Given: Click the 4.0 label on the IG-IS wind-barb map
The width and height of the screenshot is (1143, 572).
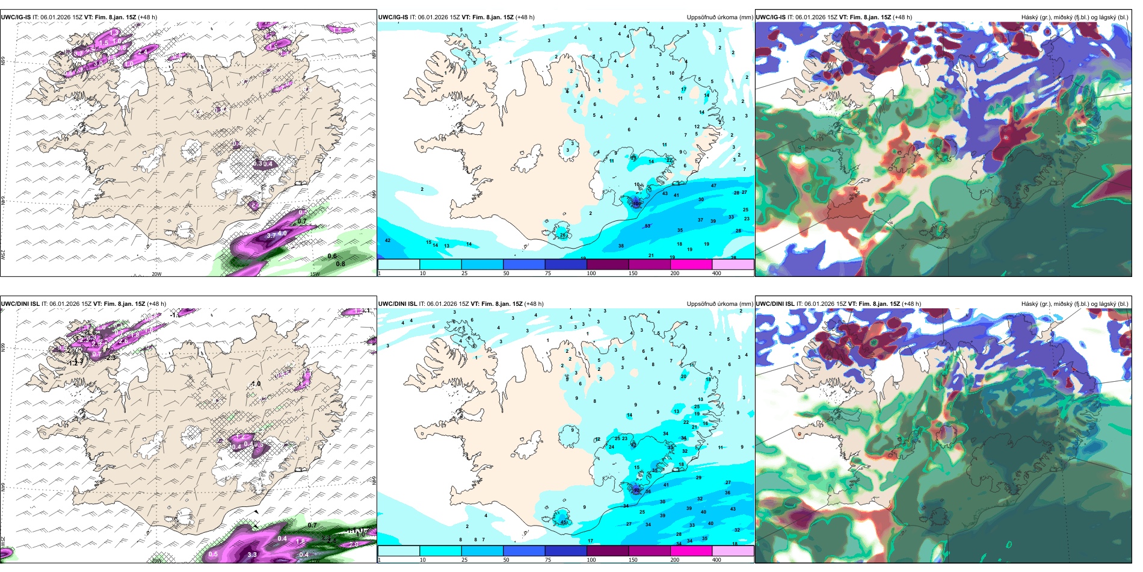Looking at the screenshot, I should click(282, 232).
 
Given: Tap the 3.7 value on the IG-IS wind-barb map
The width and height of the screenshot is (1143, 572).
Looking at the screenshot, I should click(271, 236).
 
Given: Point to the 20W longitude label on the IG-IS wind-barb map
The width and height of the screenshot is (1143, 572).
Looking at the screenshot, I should click(156, 274).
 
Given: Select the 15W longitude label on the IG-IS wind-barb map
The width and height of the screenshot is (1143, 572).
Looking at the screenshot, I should click(314, 274).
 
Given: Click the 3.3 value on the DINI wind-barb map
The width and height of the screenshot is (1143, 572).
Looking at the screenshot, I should click(252, 555).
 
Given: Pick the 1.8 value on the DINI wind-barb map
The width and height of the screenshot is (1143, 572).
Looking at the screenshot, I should click(300, 541).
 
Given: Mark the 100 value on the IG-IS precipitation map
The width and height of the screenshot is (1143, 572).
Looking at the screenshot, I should click(636, 204).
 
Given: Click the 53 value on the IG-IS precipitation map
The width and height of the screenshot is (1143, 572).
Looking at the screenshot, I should click(647, 226).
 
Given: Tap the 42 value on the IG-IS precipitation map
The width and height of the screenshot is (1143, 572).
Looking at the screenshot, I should click(387, 240).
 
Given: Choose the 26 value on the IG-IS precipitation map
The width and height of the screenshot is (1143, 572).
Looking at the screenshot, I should click(563, 235).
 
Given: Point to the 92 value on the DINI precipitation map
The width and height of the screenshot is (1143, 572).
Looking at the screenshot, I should click(636, 490).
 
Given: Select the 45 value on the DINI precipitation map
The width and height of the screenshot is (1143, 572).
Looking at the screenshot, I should click(564, 522).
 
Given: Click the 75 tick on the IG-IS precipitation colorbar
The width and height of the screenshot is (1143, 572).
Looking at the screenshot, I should click(548, 273).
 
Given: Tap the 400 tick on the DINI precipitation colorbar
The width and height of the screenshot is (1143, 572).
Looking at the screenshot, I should click(716, 560).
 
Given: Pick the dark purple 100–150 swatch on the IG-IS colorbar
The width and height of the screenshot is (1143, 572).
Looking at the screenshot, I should click(608, 264).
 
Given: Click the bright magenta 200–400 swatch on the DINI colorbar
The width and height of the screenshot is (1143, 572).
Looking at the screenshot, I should click(691, 551).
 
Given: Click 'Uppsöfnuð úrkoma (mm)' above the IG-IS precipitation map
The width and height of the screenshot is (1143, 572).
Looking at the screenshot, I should click(719, 17).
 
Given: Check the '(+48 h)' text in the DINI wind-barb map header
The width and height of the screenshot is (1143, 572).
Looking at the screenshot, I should click(156, 304).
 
